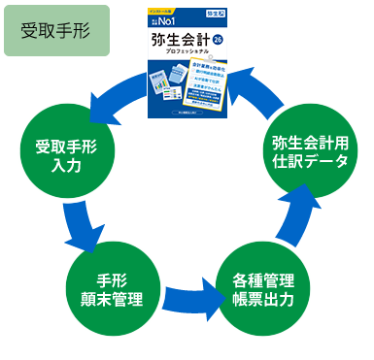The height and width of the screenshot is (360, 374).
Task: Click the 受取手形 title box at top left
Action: pos(55,29)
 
